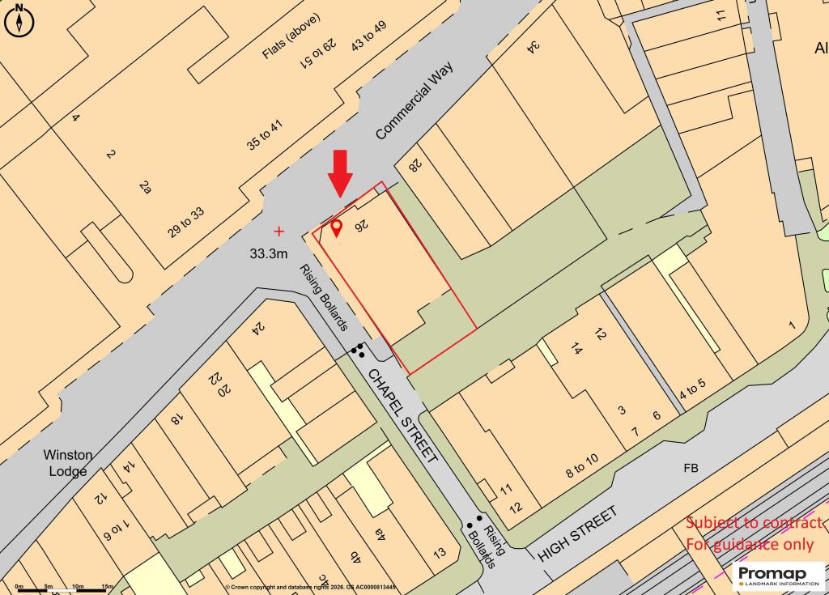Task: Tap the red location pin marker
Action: [336, 227]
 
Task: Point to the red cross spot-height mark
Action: [280, 231]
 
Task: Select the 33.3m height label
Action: [269, 253]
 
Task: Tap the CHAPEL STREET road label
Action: [403, 415]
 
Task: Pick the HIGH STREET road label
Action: [577, 533]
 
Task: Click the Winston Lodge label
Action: [69, 462]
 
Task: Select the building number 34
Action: [534, 46]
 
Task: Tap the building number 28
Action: [414, 165]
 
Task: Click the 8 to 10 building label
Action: [581, 466]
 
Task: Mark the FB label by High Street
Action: [691, 468]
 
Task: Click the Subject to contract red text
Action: [754, 523]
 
